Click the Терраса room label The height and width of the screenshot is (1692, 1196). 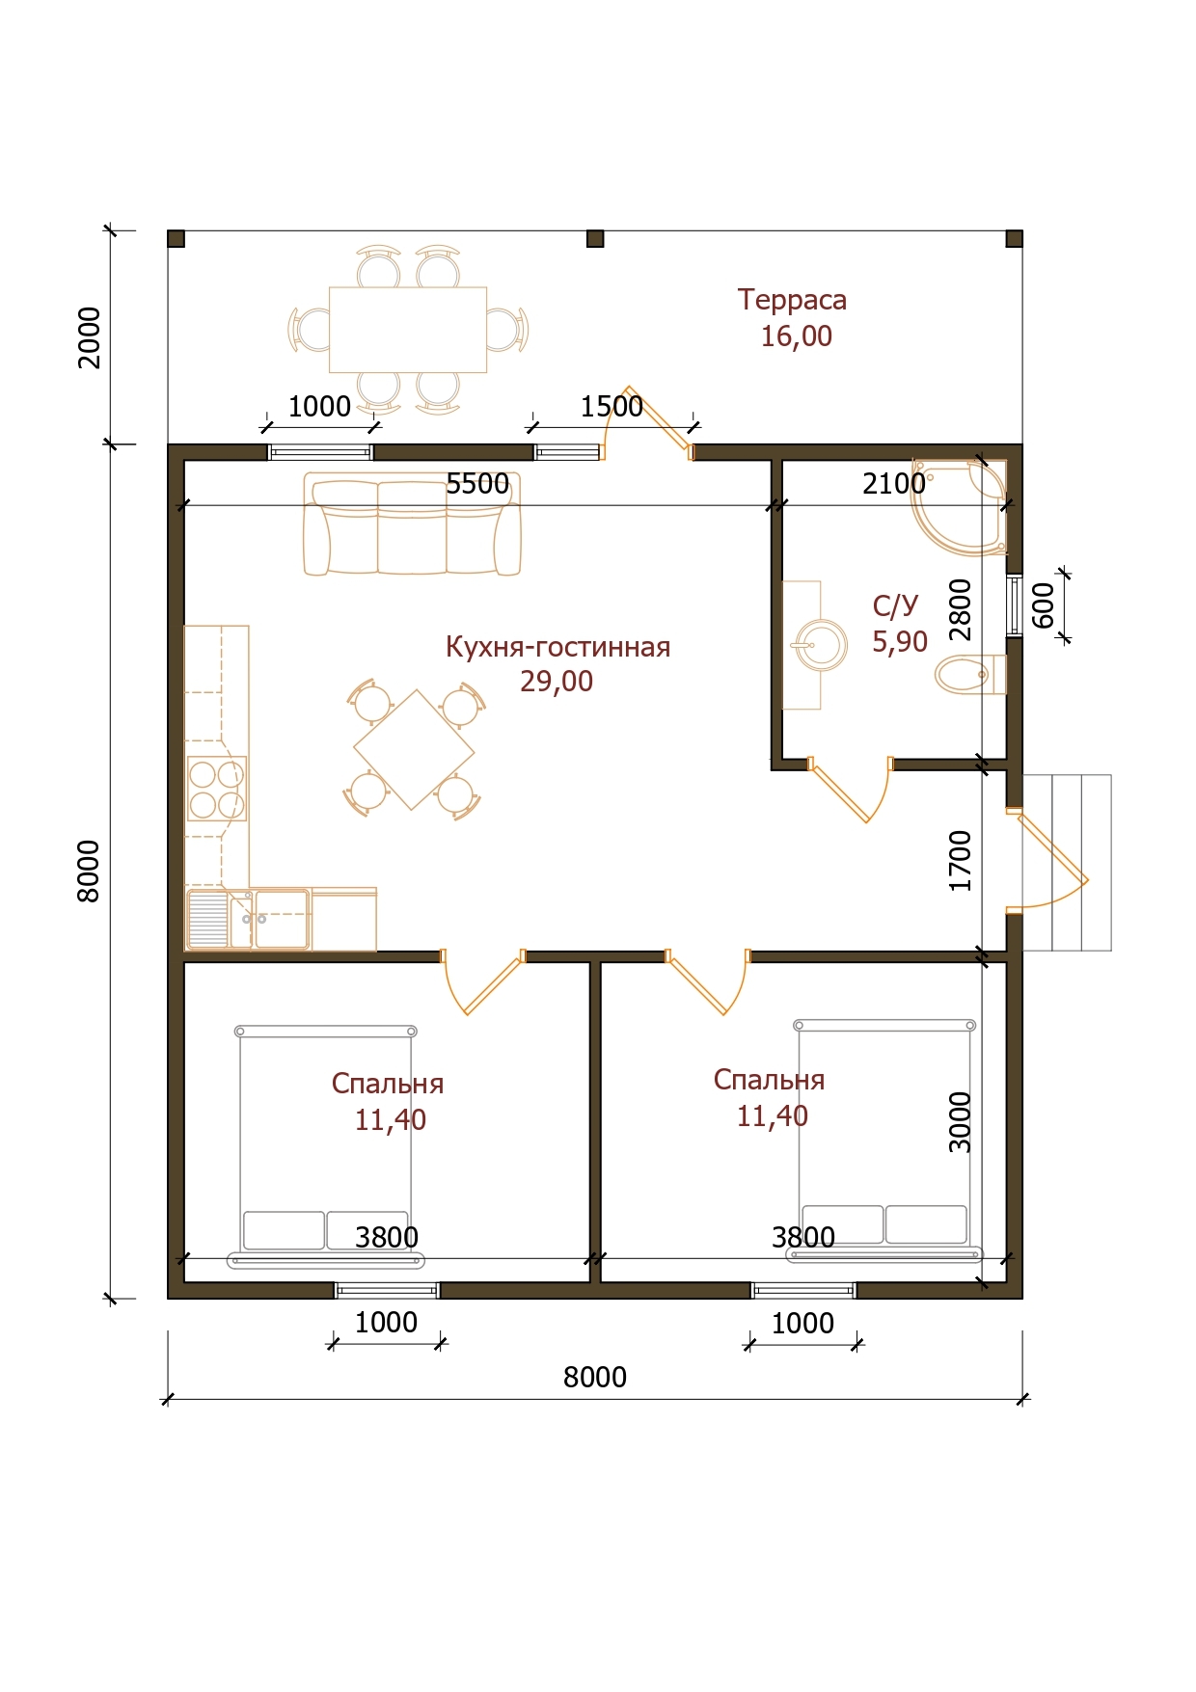point(792,300)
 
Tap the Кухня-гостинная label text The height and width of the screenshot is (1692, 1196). point(557,646)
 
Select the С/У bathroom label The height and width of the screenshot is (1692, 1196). point(895,605)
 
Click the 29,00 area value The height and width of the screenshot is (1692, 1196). point(557,682)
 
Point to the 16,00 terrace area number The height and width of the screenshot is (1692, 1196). point(796,336)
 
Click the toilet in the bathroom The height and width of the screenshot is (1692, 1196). point(970,674)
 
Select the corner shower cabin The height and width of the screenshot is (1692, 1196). point(961,506)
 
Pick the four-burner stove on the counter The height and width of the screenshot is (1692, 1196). point(216,789)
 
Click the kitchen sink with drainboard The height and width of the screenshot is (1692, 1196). point(249,919)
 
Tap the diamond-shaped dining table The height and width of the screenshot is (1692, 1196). point(414,749)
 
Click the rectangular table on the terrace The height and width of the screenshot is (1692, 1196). point(408,330)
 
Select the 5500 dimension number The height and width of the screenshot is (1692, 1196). point(477,484)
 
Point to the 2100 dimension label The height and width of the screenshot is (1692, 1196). point(894,484)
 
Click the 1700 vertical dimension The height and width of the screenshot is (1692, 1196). point(961,861)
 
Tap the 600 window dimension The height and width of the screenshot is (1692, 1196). point(1044,606)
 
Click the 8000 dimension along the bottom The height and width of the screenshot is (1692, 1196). point(595,1378)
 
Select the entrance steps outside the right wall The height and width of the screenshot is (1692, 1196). point(1067,863)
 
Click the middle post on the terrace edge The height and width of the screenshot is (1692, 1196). point(595,239)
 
